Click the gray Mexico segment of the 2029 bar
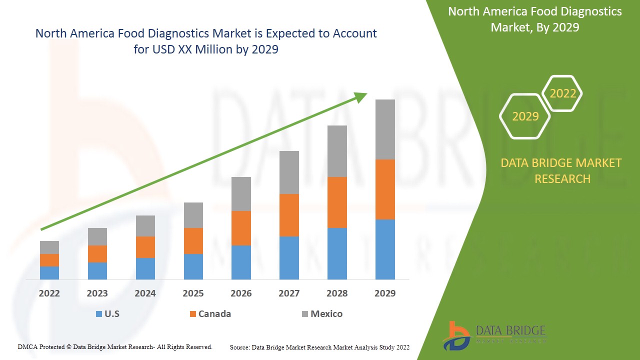pyautogui.click(x=385, y=129)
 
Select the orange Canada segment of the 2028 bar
pyautogui.click(x=337, y=202)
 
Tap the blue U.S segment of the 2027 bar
pyautogui.click(x=289, y=257)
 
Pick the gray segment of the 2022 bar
pyautogui.click(x=49, y=247)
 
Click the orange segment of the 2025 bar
pyautogui.click(x=193, y=241)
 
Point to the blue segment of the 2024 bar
pyautogui.click(x=145, y=268)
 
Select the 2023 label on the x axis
pyautogui.click(x=97, y=293)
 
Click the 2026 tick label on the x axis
pyautogui.click(x=241, y=293)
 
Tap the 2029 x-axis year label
pyautogui.click(x=385, y=293)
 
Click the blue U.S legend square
pyautogui.click(x=99, y=314)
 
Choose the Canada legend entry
pyautogui.click(x=214, y=314)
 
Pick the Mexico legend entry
pyautogui.click(x=326, y=314)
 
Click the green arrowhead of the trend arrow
pyautogui.click(x=361, y=96)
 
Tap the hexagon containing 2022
pyautogui.click(x=562, y=93)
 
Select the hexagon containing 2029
pyautogui.click(x=525, y=116)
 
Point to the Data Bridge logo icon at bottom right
pyautogui.click(x=456, y=335)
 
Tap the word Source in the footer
pyautogui.click(x=240, y=347)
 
